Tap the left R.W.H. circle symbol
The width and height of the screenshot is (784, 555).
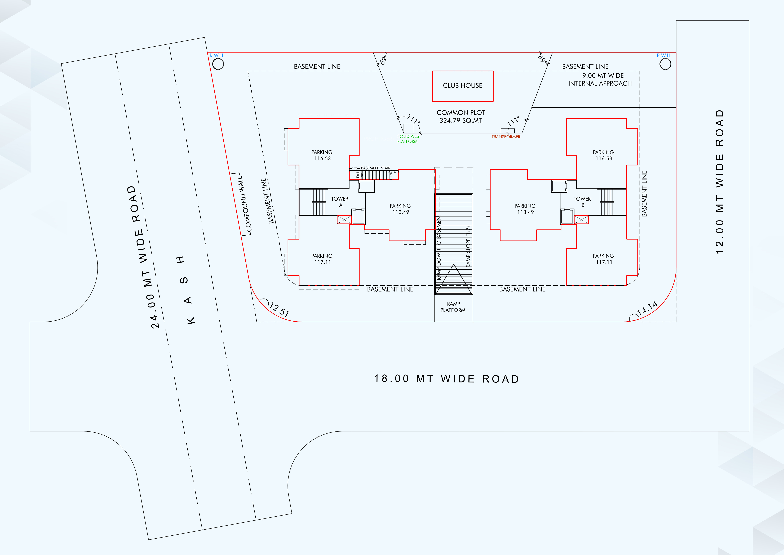tap(218, 64)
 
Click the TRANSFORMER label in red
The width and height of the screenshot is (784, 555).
tap(506, 137)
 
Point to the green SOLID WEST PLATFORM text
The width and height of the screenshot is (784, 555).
tap(409, 139)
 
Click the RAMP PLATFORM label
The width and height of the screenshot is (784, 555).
tap(453, 307)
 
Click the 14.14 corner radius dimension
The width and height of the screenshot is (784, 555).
tap(647, 308)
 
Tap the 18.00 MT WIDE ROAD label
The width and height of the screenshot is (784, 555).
tap(446, 379)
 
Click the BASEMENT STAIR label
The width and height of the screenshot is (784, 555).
tap(375, 168)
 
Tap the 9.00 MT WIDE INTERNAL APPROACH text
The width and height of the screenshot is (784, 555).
tap(600, 79)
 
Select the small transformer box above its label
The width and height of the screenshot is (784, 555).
tap(508, 131)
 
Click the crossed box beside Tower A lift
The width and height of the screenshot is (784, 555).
tap(344, 220)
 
